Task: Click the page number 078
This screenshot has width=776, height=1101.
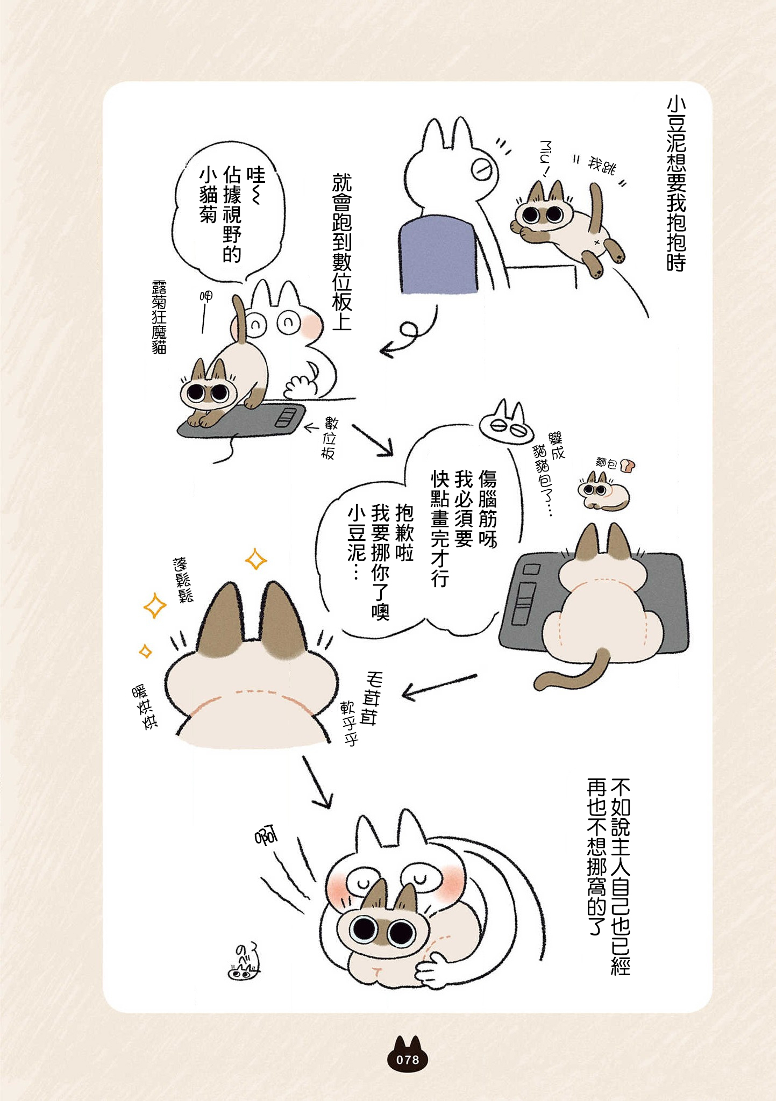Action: [407, 1060]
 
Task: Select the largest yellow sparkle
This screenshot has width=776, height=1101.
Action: [155, 605]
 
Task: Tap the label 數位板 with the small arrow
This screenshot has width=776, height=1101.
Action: [328, 437]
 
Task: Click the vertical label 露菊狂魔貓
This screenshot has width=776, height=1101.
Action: [159, 317]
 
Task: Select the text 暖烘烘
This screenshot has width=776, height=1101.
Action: [145, 706]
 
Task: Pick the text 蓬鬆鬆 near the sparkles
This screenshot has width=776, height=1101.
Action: [183, 580]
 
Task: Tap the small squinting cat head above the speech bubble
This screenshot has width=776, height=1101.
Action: [506, 423]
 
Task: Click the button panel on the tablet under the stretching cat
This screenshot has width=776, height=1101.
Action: [286, 418]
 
